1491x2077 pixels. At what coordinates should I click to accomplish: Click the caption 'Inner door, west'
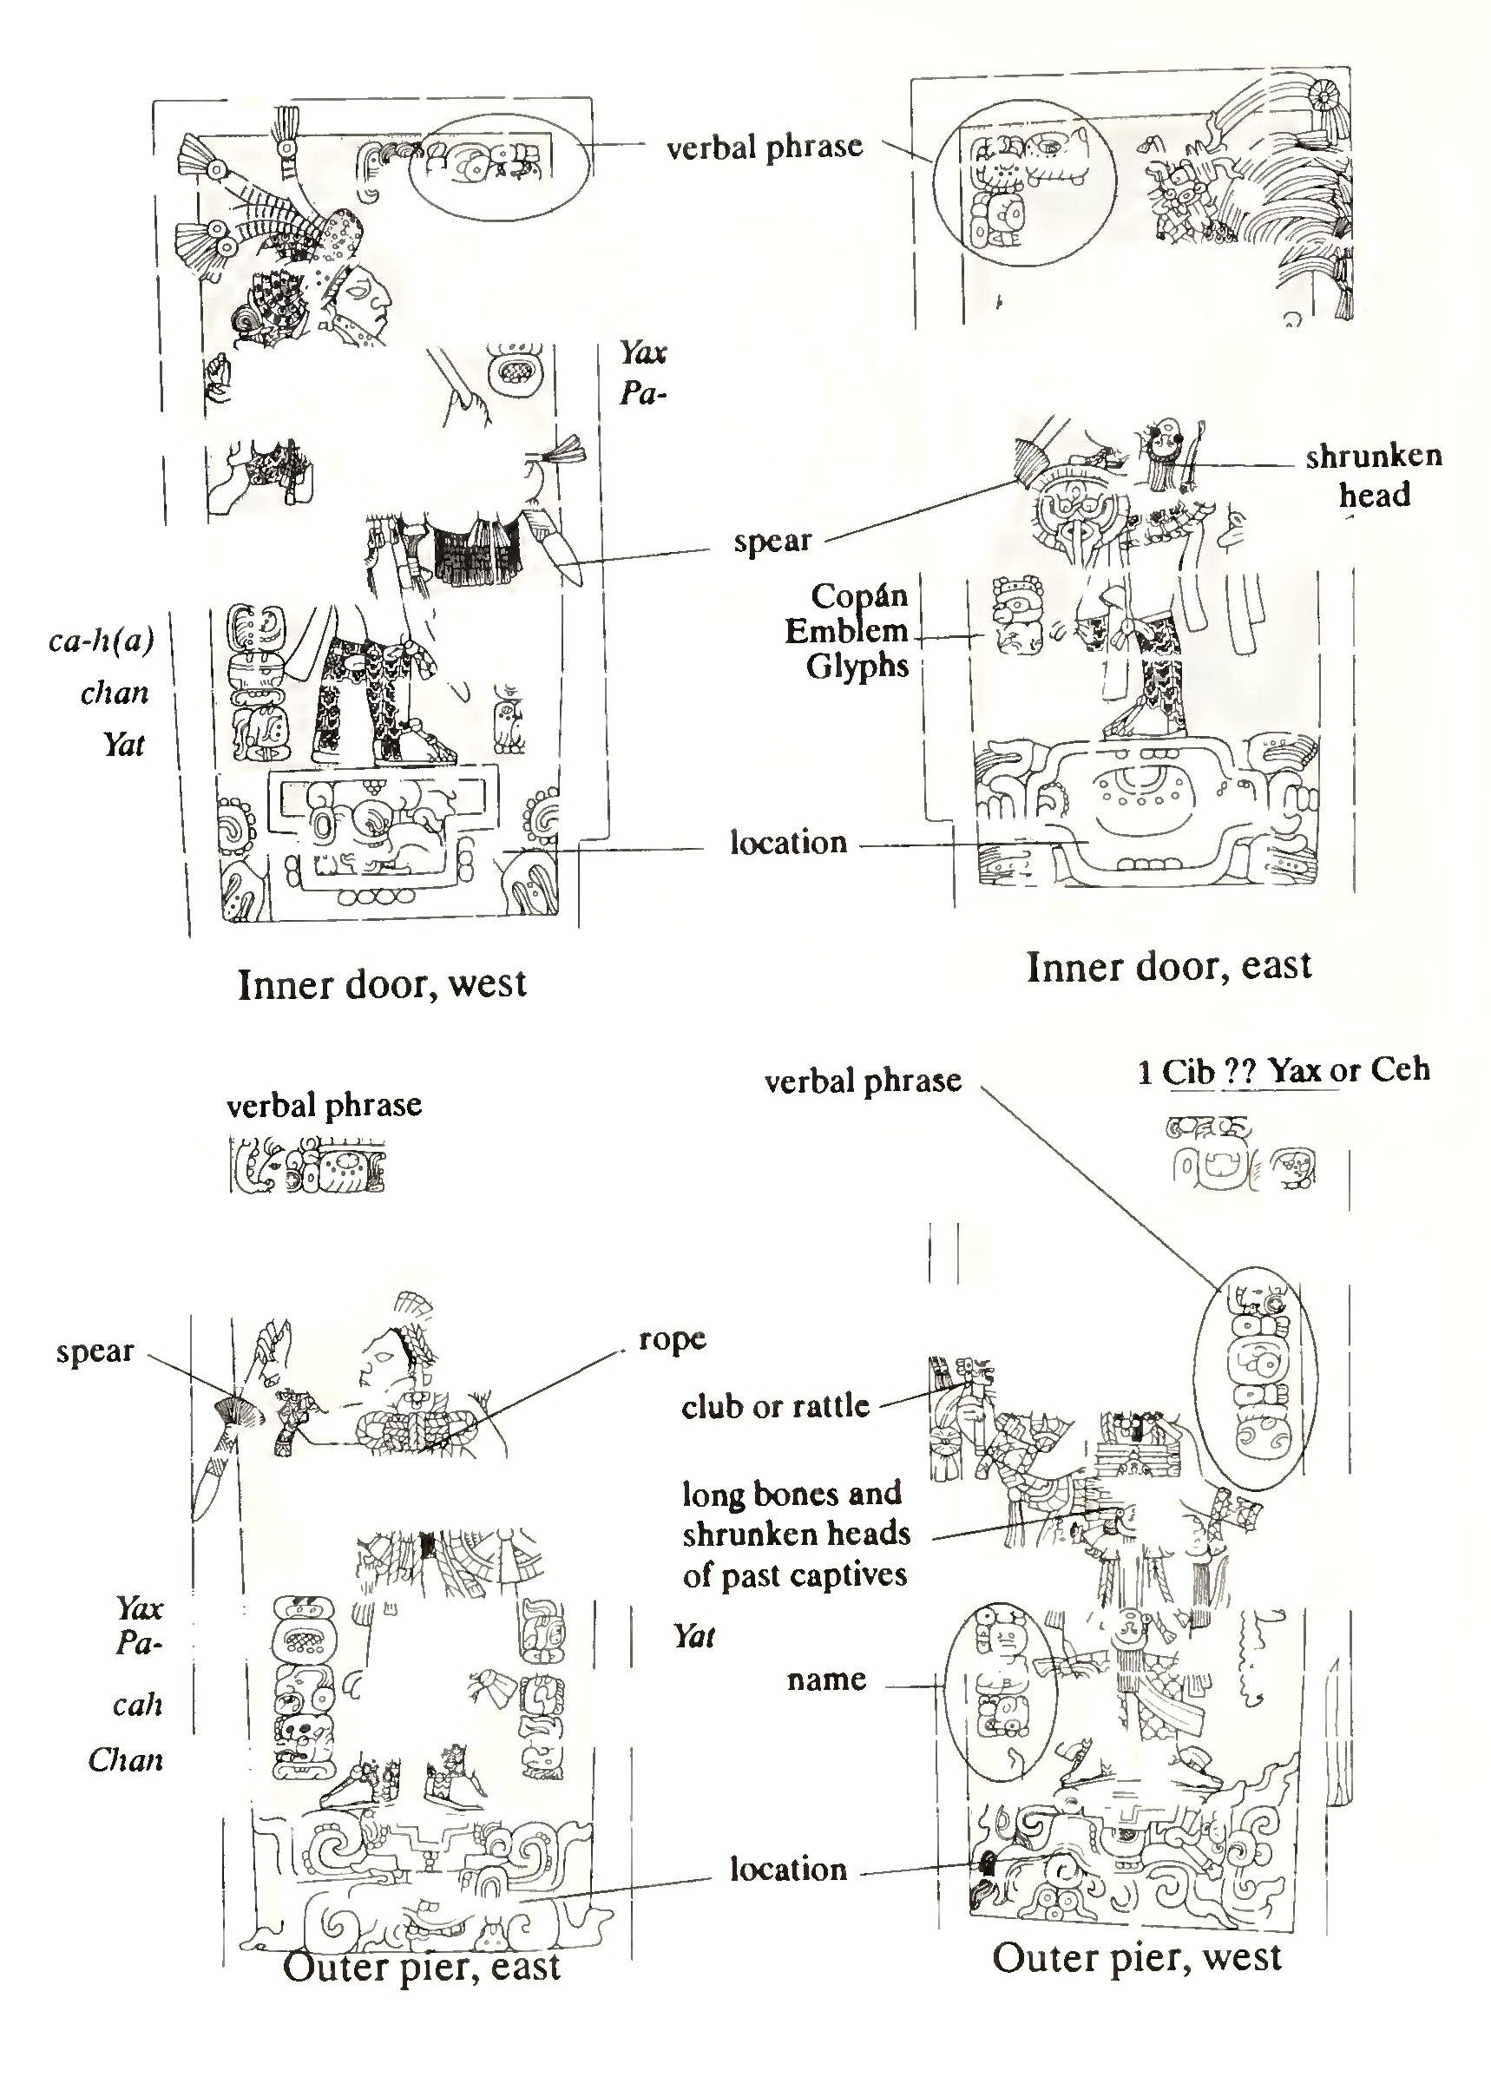coord(382,984)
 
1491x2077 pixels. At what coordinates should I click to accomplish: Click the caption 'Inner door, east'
coord(1169,966)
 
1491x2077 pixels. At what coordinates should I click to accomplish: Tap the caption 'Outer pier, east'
coord(421,1967)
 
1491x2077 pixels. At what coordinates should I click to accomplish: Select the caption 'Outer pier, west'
coord(1137,1958)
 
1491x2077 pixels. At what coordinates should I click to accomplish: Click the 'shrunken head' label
coord(1373,476)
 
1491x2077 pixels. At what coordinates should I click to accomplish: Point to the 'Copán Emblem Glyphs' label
coord(859,631)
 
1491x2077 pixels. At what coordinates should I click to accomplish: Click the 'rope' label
coord(673,1339)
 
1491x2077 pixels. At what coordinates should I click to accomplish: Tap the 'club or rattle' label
coord(775,1406)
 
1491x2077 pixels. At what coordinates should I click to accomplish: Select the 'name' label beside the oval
coord(826,1679)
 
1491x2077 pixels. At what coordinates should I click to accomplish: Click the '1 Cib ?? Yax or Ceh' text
coord(1283,1069)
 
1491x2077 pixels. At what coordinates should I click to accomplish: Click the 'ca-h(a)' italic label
coord(101,639)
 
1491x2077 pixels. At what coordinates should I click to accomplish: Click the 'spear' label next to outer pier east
coord(95,1351)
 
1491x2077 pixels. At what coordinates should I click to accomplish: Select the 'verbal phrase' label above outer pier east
coord(325,1106)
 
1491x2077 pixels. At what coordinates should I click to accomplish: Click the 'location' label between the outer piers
coord(788,1869)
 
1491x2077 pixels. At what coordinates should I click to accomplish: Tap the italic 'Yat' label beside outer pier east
coord(693,1635)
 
